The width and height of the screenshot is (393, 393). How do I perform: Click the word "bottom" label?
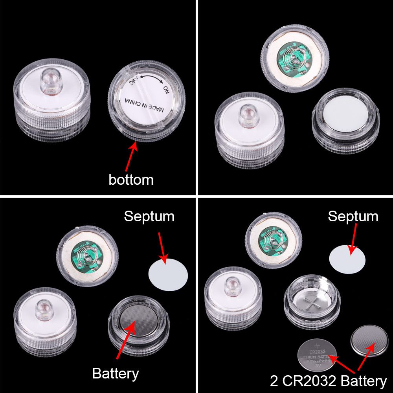131,180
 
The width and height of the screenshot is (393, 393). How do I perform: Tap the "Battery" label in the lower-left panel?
116,373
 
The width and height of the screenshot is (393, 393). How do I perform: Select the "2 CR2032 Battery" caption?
328,381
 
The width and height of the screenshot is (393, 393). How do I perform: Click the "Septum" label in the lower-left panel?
149,216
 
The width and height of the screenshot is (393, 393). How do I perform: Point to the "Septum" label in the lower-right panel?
353,216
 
